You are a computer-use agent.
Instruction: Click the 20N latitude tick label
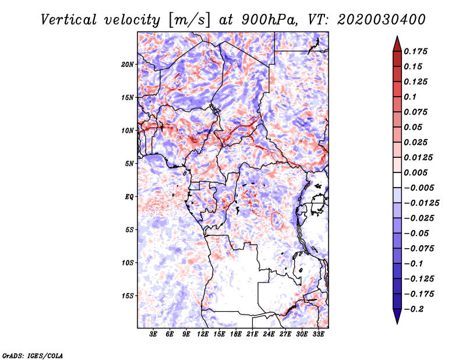tap(128, 65)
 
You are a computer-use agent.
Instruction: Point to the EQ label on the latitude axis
tap(129, 197)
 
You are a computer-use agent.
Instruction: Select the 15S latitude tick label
tap(128, 296)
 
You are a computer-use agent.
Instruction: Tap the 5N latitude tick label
tap(129, 164)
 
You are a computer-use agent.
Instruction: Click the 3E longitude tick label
tap(153, 334)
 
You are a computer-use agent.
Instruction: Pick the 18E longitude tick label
tap(236, 334)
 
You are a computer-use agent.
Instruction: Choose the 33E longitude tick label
tap(318, 334)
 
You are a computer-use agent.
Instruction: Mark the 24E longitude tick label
tap(269, 334)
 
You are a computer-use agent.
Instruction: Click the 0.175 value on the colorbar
tap(415, 51)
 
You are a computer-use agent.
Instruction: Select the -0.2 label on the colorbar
tap(414, 309)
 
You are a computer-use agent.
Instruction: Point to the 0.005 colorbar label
tap(415, 172)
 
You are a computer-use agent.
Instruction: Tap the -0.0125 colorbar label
tap(421, 203)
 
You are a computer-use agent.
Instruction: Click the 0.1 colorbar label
tap(410, 97)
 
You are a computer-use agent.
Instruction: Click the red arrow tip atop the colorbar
tap(397, 37)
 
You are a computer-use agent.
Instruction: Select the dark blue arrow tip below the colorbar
tap(397, 323)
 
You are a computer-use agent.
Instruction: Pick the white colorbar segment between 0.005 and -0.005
tap(397, 180)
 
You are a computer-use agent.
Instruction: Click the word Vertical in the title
tap(69, 20)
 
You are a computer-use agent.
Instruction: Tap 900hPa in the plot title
tap(269, 20)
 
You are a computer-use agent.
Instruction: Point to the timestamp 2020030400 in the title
tap(382, 20)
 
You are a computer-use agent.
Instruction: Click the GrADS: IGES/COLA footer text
tap(33, 355)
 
